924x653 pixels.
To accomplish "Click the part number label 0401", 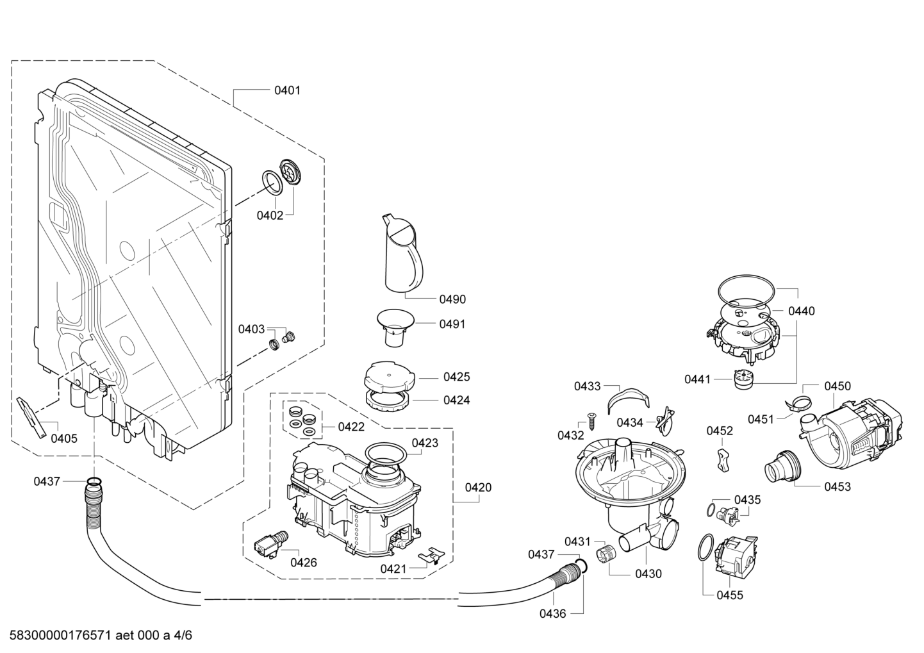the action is pos(287,90).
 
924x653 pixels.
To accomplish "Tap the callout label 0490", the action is pos(452,299).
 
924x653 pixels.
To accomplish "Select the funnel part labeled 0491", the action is pos(395,328).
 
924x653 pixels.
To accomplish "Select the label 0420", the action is pos(478,487).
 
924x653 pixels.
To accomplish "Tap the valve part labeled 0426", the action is pos(270,545).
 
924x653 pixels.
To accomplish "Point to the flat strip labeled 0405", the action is pos(31,417).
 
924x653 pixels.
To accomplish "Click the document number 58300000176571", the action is pos(60,635).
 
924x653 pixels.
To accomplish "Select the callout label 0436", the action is pos(553,614).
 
